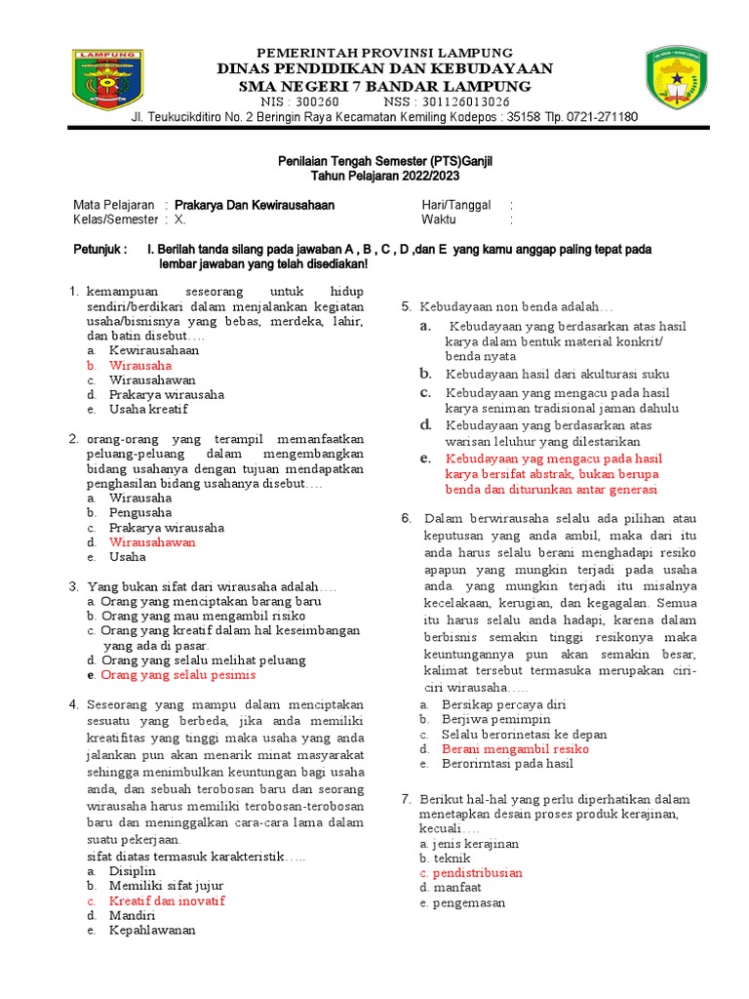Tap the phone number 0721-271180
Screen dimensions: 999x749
coord(602,117)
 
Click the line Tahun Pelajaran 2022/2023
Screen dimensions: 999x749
coord(384,177)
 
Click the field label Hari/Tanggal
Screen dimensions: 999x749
coord(455,205)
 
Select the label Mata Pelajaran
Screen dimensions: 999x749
coord(114,205)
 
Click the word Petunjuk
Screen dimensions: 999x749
coord(99,250)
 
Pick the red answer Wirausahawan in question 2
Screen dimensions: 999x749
coord(152,541)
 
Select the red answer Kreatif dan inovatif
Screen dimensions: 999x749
coord(167,900)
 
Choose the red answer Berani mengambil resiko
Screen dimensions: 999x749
coord(515,749)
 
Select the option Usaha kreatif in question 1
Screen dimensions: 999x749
coord(147,410)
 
